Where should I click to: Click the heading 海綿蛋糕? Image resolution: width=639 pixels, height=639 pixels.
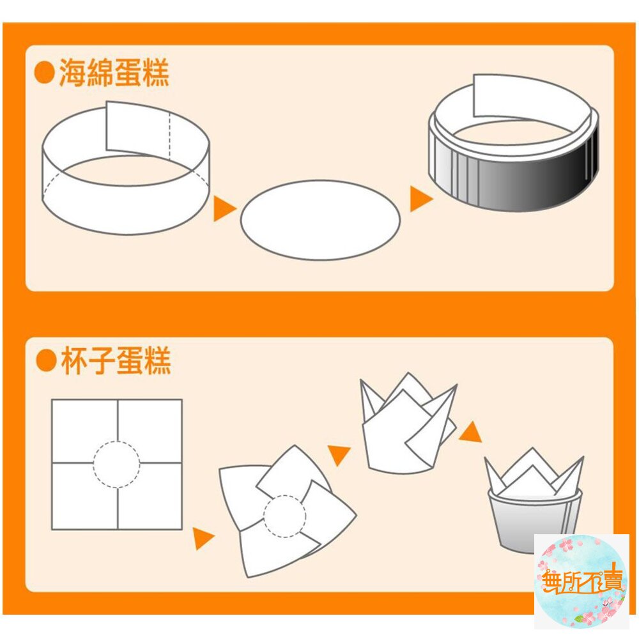tap(114, 73)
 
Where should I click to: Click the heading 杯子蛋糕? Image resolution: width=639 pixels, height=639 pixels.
tap(115, 362)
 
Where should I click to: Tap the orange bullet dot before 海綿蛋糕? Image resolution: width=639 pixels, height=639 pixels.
tap(44, 73)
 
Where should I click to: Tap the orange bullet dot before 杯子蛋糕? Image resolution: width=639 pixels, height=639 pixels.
tap(45, 362)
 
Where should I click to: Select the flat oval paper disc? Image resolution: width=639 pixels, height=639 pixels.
tap(320, 220)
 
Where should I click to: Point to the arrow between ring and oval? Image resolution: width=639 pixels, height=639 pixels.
tap(224, 208)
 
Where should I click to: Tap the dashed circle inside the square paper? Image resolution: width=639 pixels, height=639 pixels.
tap(117, 465)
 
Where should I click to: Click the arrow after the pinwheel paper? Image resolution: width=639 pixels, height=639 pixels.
tap(339, 454)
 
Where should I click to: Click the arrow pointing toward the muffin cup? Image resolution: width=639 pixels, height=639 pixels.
tap(471, 433)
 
